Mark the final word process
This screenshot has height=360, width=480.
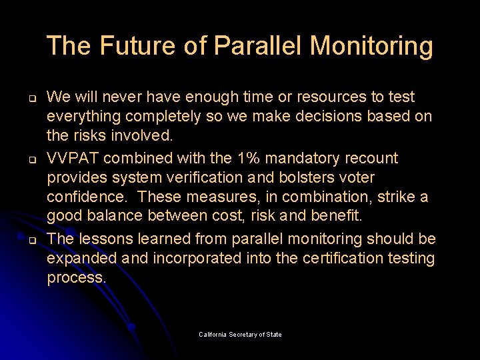coord(76,277)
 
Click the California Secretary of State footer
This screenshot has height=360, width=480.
coord(240,334)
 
